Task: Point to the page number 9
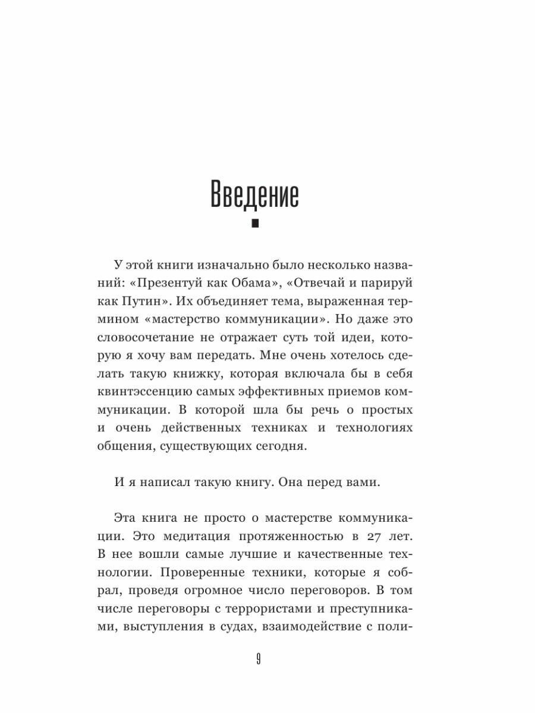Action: [258, 659]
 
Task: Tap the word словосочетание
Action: [147, 338]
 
